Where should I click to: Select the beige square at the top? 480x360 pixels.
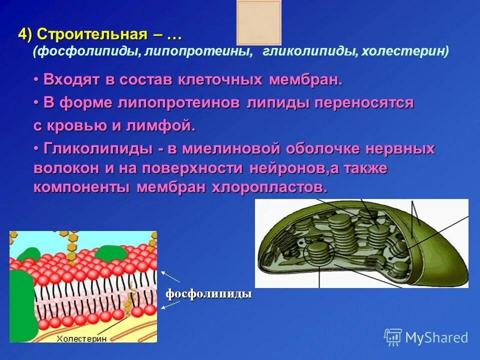pyautogui.click(x=258, y=22)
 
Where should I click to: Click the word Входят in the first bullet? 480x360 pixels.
pyautogui.click(x=70, y=80)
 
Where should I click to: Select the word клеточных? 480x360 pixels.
pyautogui.click(x=222, y=80)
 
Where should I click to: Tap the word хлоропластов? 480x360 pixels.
pyautogui.click(x=270, y=187)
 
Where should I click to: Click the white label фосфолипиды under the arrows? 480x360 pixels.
pyautogui.click(x=208, y=294)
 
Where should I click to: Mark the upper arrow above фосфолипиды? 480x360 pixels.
pyautogui.click(x=170, y=277)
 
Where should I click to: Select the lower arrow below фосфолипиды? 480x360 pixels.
pyautogui.click(x=170, y=305)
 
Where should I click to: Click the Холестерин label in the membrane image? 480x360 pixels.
pyautogui.click(x=81, y=338)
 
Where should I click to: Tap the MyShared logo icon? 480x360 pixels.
pyautogui.click(x=393, y=337)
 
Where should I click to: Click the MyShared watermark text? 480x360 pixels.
pyautogui.click(x=436, y=338)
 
